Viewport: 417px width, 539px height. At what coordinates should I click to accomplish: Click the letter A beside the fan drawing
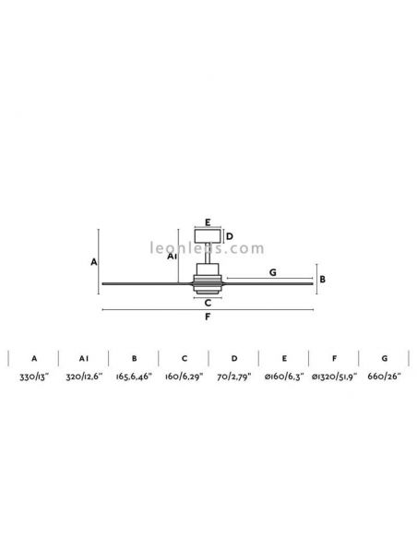coord(94,262)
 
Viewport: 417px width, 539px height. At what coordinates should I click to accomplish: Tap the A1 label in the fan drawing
coord(173,258)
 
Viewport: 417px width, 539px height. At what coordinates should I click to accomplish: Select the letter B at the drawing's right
coord(322,279)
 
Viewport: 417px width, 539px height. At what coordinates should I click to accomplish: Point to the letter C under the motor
coord(208,302)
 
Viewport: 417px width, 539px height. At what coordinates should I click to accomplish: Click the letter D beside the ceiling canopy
coord(230,236)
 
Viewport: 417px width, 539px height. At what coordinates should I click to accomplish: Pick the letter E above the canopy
coord(208,222)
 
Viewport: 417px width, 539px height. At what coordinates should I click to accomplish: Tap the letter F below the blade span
coord(208,318)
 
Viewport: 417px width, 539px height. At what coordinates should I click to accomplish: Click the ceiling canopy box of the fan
coord(208,236)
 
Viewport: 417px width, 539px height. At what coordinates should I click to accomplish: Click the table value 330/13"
coord(34,378)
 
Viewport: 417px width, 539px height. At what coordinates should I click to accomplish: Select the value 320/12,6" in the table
coord(84,378)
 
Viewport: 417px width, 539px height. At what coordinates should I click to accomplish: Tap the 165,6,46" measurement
coord(134,378)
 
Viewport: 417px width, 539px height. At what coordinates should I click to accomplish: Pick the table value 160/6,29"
coord(184,378)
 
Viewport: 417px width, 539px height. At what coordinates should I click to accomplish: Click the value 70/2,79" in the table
coord(234,378)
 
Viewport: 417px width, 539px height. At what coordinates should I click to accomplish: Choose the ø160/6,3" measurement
coord(284,378)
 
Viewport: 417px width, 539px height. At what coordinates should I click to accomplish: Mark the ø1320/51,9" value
coord(335,378)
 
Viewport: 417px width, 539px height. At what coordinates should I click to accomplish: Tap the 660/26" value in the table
coord(384,378)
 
